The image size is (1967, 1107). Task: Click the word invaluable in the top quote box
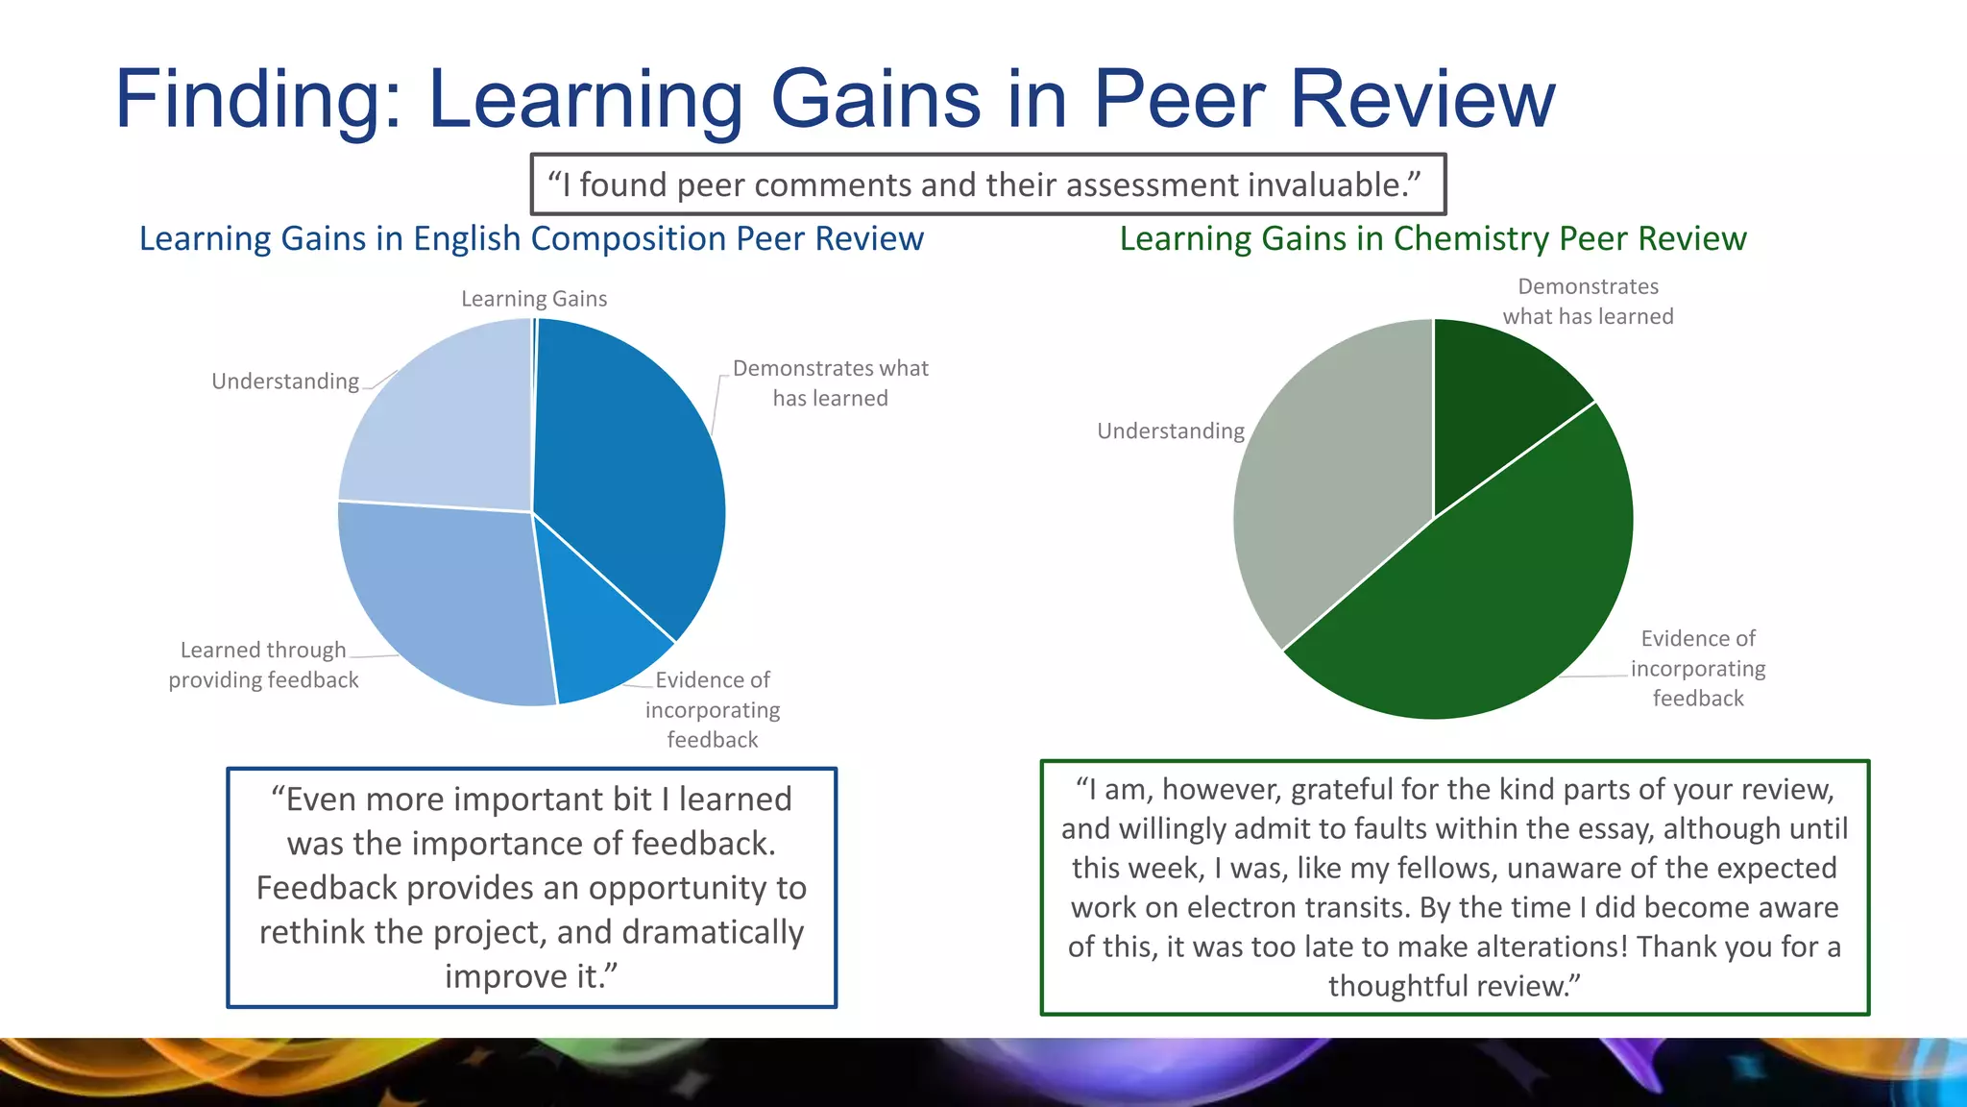point(1326,184)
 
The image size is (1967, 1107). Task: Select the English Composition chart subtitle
point(531,238)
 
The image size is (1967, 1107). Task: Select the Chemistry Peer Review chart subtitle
point(1432,238)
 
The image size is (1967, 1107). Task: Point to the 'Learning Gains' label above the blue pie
point(534,299)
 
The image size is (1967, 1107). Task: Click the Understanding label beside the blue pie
point(285,381)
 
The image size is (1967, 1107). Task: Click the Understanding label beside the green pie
point(1170,431)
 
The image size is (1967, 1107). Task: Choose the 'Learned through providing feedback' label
point(263,665)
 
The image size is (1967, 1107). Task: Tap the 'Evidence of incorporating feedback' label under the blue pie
point(713,709)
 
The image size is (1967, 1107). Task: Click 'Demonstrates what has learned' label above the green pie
point(1588,302)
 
